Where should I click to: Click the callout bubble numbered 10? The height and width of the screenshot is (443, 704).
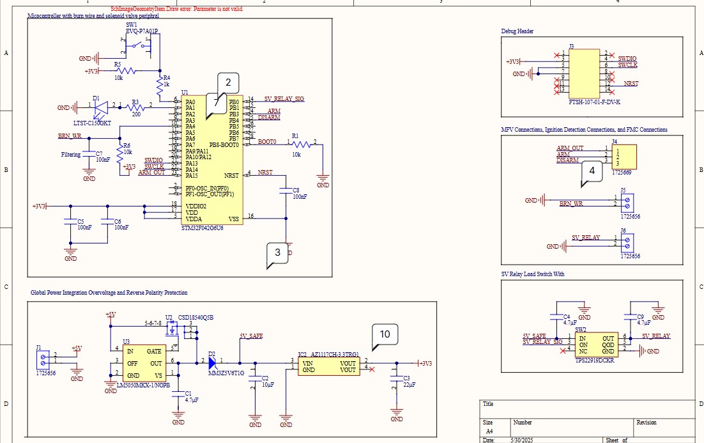coord(385,334)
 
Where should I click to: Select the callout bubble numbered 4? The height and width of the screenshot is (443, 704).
coord(592,171)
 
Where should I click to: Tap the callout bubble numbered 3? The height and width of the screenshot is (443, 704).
coord(277,253)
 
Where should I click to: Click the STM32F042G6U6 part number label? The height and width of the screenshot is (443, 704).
coord(203,228)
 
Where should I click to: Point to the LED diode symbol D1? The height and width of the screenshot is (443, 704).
coord(100,108)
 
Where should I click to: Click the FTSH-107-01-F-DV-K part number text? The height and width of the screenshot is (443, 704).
coord(594,102)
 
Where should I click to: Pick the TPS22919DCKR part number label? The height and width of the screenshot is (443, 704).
coord(595,361)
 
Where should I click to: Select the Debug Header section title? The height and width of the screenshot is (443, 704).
coord(517,31)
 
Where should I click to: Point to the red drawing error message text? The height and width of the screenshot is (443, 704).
coord(176,10)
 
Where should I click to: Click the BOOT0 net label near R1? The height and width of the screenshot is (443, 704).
coord(266,142)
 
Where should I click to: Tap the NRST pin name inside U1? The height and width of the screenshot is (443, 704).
coord(231,175)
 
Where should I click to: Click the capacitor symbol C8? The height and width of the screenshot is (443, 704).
coord(285,190)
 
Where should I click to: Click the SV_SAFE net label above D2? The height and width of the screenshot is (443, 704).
coord(250,336)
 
